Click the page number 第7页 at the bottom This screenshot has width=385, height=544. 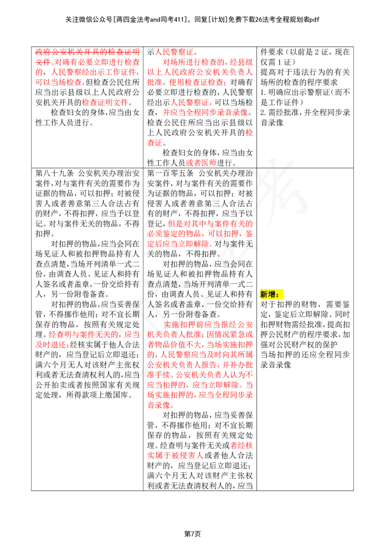click(x=192, y=534)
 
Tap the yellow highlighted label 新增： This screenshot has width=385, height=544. click(x=272, y=295)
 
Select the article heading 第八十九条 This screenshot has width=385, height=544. click(x=54, y=173)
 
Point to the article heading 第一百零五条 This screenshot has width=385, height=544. click(x=170, y=173)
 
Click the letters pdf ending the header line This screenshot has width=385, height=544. click(x=314, y=20)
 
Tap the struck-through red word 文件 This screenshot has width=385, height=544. click(x=43, y=62)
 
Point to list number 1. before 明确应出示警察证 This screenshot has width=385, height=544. click(x=264, y=92)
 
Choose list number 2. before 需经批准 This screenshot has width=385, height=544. click(x=264, y=112)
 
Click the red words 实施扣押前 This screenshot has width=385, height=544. click(x=182, y=324)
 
